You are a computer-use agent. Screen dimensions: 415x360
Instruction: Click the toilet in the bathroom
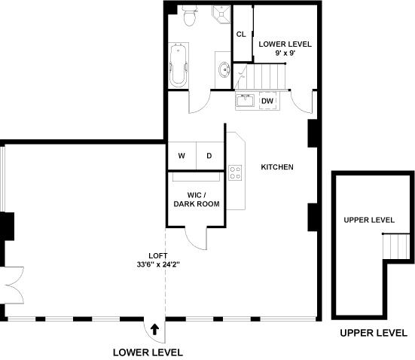click(190, 15)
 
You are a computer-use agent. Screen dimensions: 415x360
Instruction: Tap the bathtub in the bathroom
click(179, 66)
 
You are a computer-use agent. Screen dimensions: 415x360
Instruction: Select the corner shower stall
click(221, 14)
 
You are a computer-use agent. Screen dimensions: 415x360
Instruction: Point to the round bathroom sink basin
click(224, 69)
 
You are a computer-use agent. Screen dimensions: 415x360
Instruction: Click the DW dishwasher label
click(267, 101)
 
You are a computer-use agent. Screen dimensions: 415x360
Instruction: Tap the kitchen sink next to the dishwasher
click(245, 100)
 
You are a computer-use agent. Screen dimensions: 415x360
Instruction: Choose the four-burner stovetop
click(235, 172)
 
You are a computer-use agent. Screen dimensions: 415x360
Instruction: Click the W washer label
click(182, 156)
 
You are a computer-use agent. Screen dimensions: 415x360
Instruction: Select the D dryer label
click(209, 156)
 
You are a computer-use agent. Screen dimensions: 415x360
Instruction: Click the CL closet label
click(241, 34)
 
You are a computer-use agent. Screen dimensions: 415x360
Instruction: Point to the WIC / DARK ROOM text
click(197, 200)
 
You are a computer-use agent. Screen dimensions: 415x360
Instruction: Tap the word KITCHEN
click(277, 167)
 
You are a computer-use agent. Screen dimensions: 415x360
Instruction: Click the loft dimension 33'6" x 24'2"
click(158, 264)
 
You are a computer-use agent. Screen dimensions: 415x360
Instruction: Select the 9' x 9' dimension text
click(285, 53)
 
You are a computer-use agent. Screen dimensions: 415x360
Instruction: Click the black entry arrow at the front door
click(155, 330)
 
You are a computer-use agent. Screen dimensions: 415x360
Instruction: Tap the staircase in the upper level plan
click(396, 247)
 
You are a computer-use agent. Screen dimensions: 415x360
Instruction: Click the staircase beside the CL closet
click(260, 77)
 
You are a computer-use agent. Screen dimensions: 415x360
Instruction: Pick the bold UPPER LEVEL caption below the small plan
click(374, 333)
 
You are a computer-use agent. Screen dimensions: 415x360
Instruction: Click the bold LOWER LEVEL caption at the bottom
click(148, 352)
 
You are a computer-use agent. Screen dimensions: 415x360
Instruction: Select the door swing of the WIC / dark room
click(196, 239)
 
